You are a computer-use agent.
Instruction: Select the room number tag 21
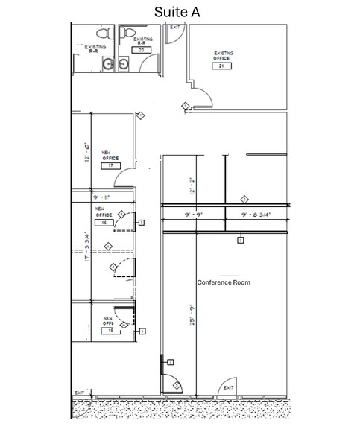[x=221, y=66]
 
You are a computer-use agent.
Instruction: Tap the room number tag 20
[x=144, y=51]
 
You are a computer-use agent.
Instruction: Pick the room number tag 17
[x=111, y=165]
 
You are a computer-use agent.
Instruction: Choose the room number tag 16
[x=104, y=223]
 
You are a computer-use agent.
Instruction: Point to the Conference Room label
[x=223, y=283]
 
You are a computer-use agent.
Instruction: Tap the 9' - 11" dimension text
[x=102, y=197]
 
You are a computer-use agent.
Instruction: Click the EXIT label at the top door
[x=175, y=28]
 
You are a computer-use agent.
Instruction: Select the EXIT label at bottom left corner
[x=79, y=393]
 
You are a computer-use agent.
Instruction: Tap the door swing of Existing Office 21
[x=199, y=98]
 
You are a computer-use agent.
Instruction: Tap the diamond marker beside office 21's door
[x=185, y=107]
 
